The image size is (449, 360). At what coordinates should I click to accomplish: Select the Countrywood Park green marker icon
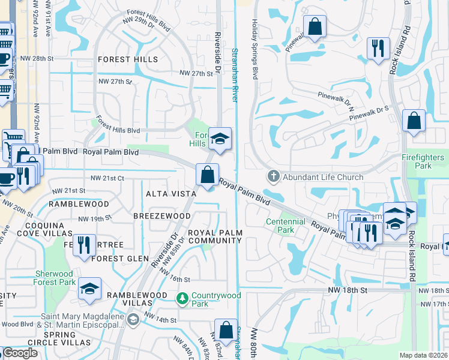click(182, 298)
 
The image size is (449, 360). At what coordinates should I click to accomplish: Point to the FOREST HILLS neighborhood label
click(128, 59)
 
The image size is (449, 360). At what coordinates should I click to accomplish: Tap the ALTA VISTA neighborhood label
click(171, 194)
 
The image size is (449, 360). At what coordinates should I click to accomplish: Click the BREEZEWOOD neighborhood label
click(162, 215)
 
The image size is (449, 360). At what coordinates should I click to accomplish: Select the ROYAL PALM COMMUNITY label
click(214, 236)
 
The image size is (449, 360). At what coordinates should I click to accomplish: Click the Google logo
click(19, 353)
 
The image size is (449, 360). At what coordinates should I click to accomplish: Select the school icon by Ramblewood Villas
click(89, 289)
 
